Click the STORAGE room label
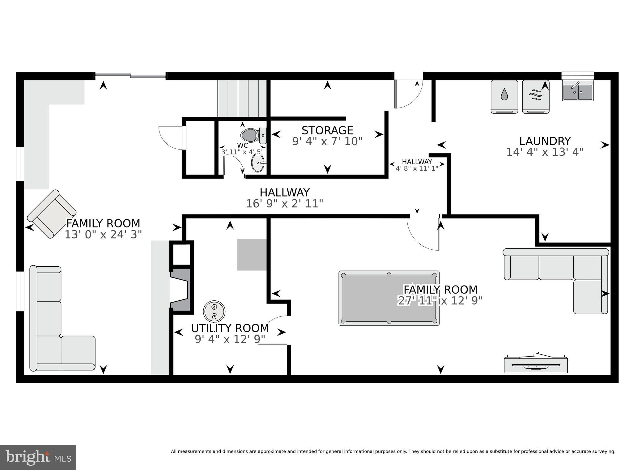[327, 130]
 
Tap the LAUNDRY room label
[545, 141]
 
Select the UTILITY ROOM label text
[230, 328]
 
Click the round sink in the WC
[258, 163]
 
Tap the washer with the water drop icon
[504, 96]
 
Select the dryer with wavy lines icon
[536, 96]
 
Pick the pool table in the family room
[389, 298]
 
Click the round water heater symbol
[214, 311]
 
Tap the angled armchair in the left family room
[52, 214]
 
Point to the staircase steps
[242, 98]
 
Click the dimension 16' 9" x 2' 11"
[284, 204]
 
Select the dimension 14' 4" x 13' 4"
[545, 152]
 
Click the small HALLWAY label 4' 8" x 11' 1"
[417, 165]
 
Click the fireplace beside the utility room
[180, 290]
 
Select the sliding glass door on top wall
[130, 75]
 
